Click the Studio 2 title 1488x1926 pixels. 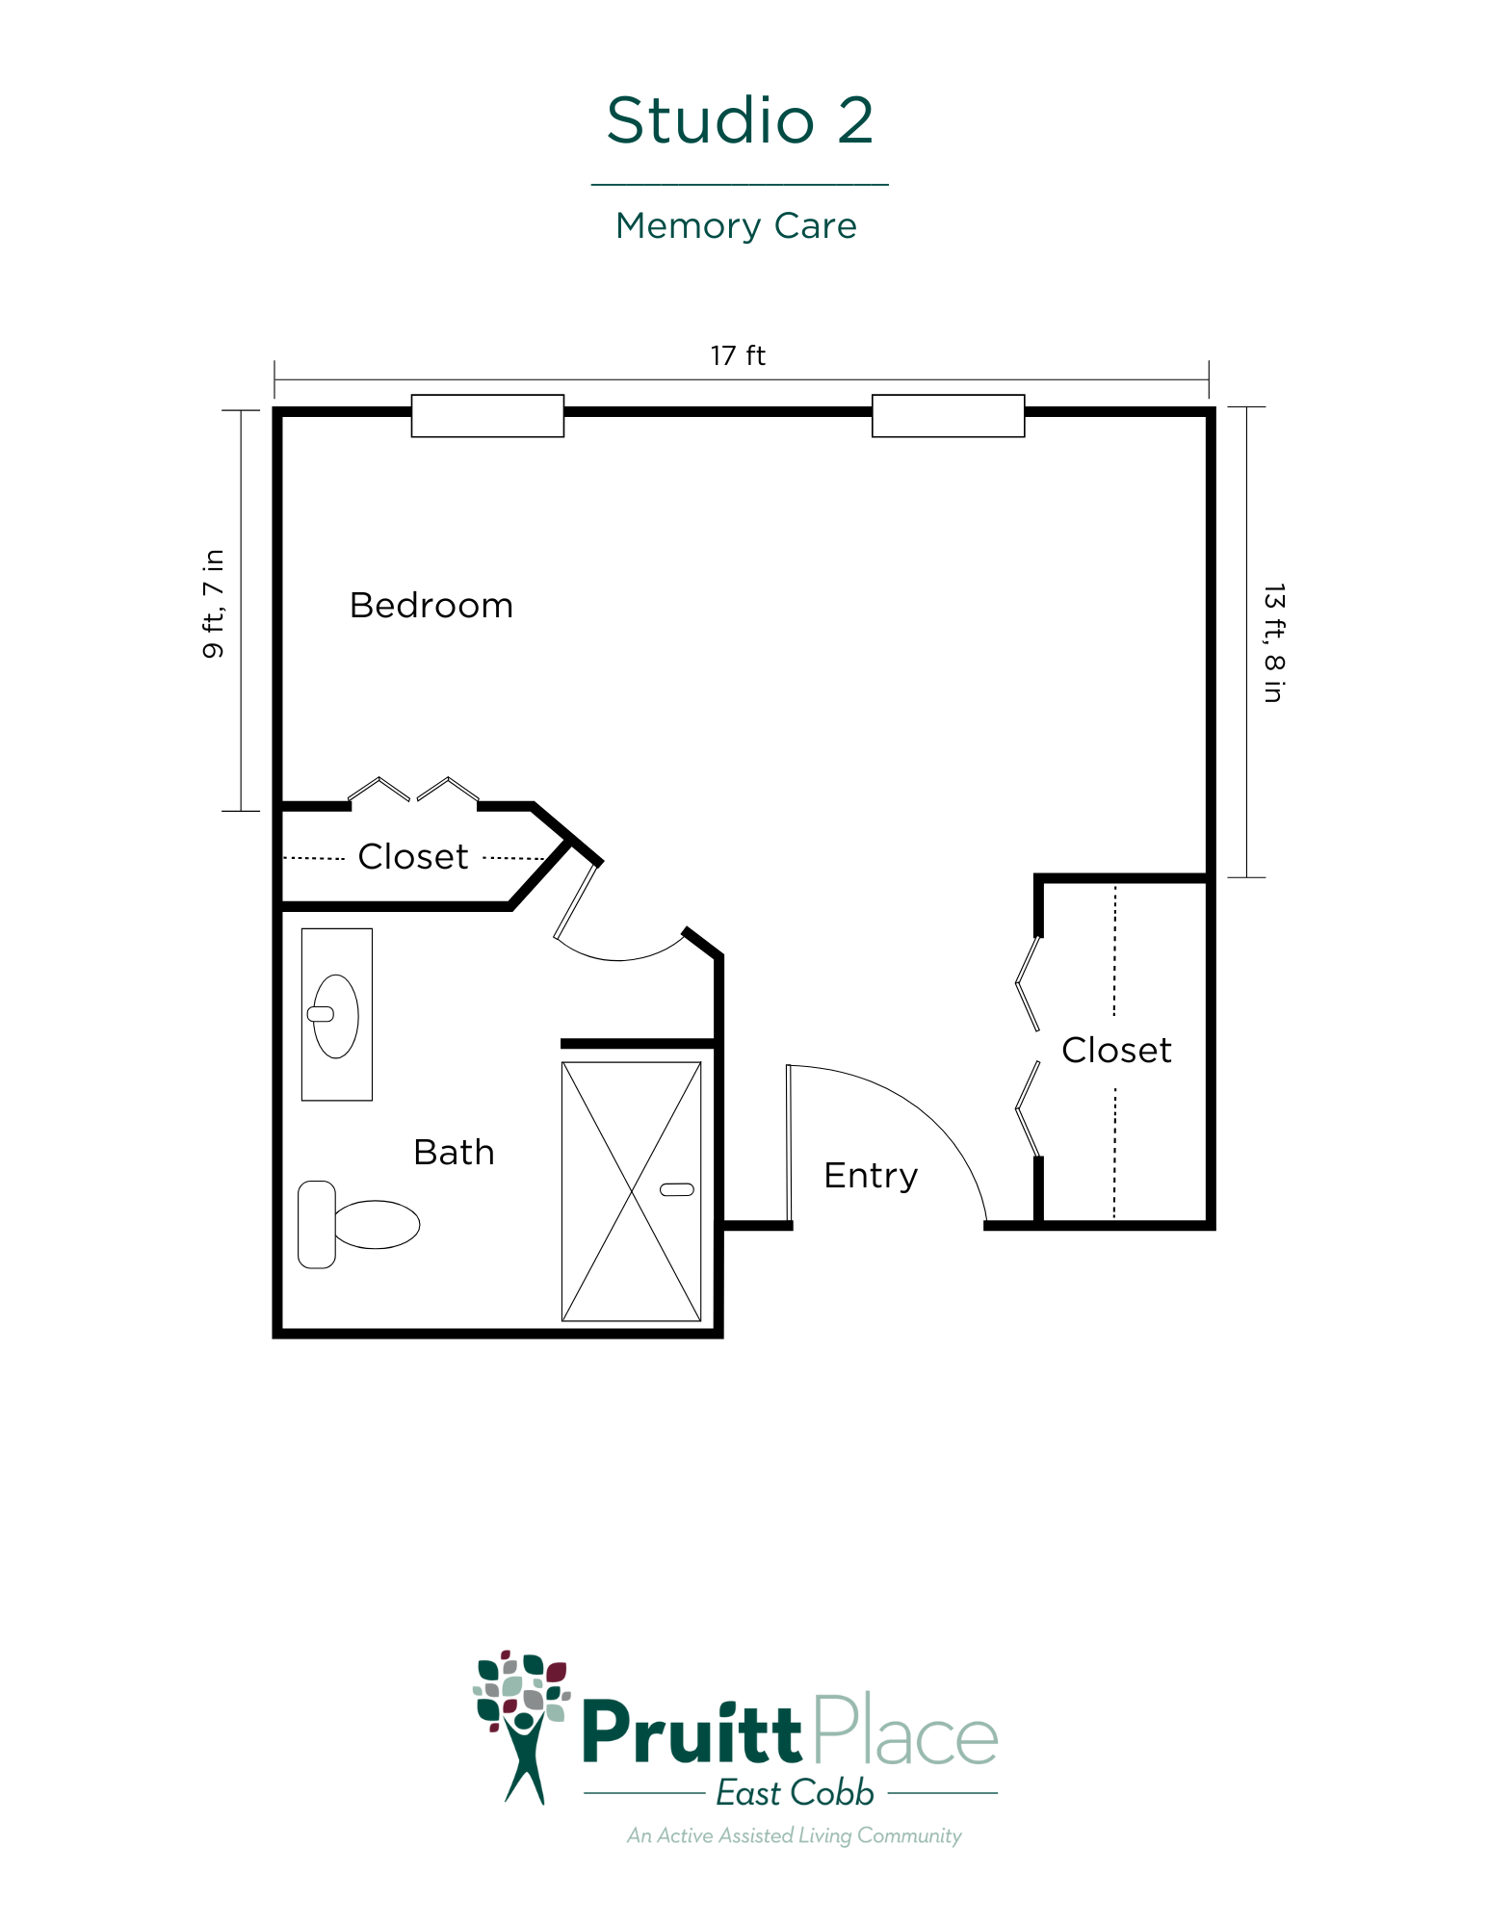click(740, 120)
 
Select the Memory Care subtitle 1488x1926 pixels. click(736, 226)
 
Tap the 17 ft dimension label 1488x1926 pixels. click(738, 355)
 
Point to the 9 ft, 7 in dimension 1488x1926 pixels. click(213, 604)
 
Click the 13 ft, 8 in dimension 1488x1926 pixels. click(1273, 643)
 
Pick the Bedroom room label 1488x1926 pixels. click(431, 606)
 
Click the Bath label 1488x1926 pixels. click(454, 1152)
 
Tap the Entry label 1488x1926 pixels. click(871, 1177)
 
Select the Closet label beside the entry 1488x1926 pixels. click(1116, 1050)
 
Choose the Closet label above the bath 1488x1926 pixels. click(412, 856)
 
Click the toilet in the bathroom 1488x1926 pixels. click(358, 1225)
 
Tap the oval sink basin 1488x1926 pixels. click(334, 1016)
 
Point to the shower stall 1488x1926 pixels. click(632, 1191)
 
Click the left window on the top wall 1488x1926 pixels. click(487, 416)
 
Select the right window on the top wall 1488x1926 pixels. click(948, 416)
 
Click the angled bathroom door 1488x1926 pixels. click(576, 900)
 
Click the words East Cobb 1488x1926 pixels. click(795, 1793)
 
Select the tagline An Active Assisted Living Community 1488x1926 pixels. click(795, 1835)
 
